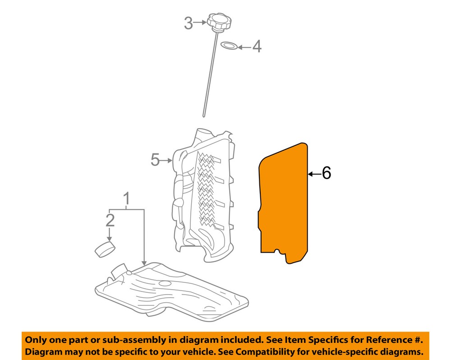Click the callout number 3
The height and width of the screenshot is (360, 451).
point(188,23)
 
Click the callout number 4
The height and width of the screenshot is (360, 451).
point(256,46)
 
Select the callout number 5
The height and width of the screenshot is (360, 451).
point(155,160)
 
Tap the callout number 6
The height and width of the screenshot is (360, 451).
point(326,173)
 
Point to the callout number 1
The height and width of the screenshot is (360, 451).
point(127,198)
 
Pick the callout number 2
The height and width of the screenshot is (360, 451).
point(110,220)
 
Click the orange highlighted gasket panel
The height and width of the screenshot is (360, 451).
point(284,203)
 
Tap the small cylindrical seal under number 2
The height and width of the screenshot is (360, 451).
point(105,249)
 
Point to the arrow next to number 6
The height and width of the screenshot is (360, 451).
point(314,173)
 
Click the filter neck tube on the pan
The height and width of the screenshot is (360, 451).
point(118,270)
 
